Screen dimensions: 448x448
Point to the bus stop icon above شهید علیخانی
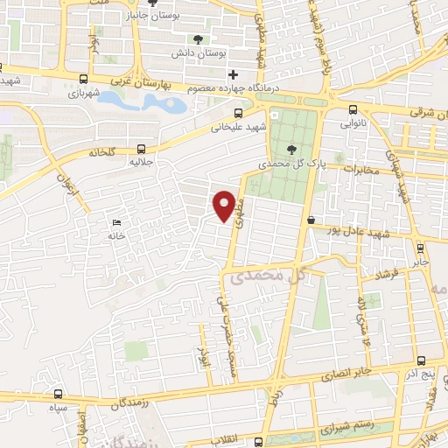pos(239,113)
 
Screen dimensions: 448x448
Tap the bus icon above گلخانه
pos(141,150)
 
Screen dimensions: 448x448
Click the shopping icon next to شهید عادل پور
pos(311,220)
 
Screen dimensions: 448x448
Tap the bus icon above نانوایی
pos(353,109)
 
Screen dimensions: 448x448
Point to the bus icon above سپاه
pos(59,395)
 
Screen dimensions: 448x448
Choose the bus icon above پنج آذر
pos(421,360)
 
